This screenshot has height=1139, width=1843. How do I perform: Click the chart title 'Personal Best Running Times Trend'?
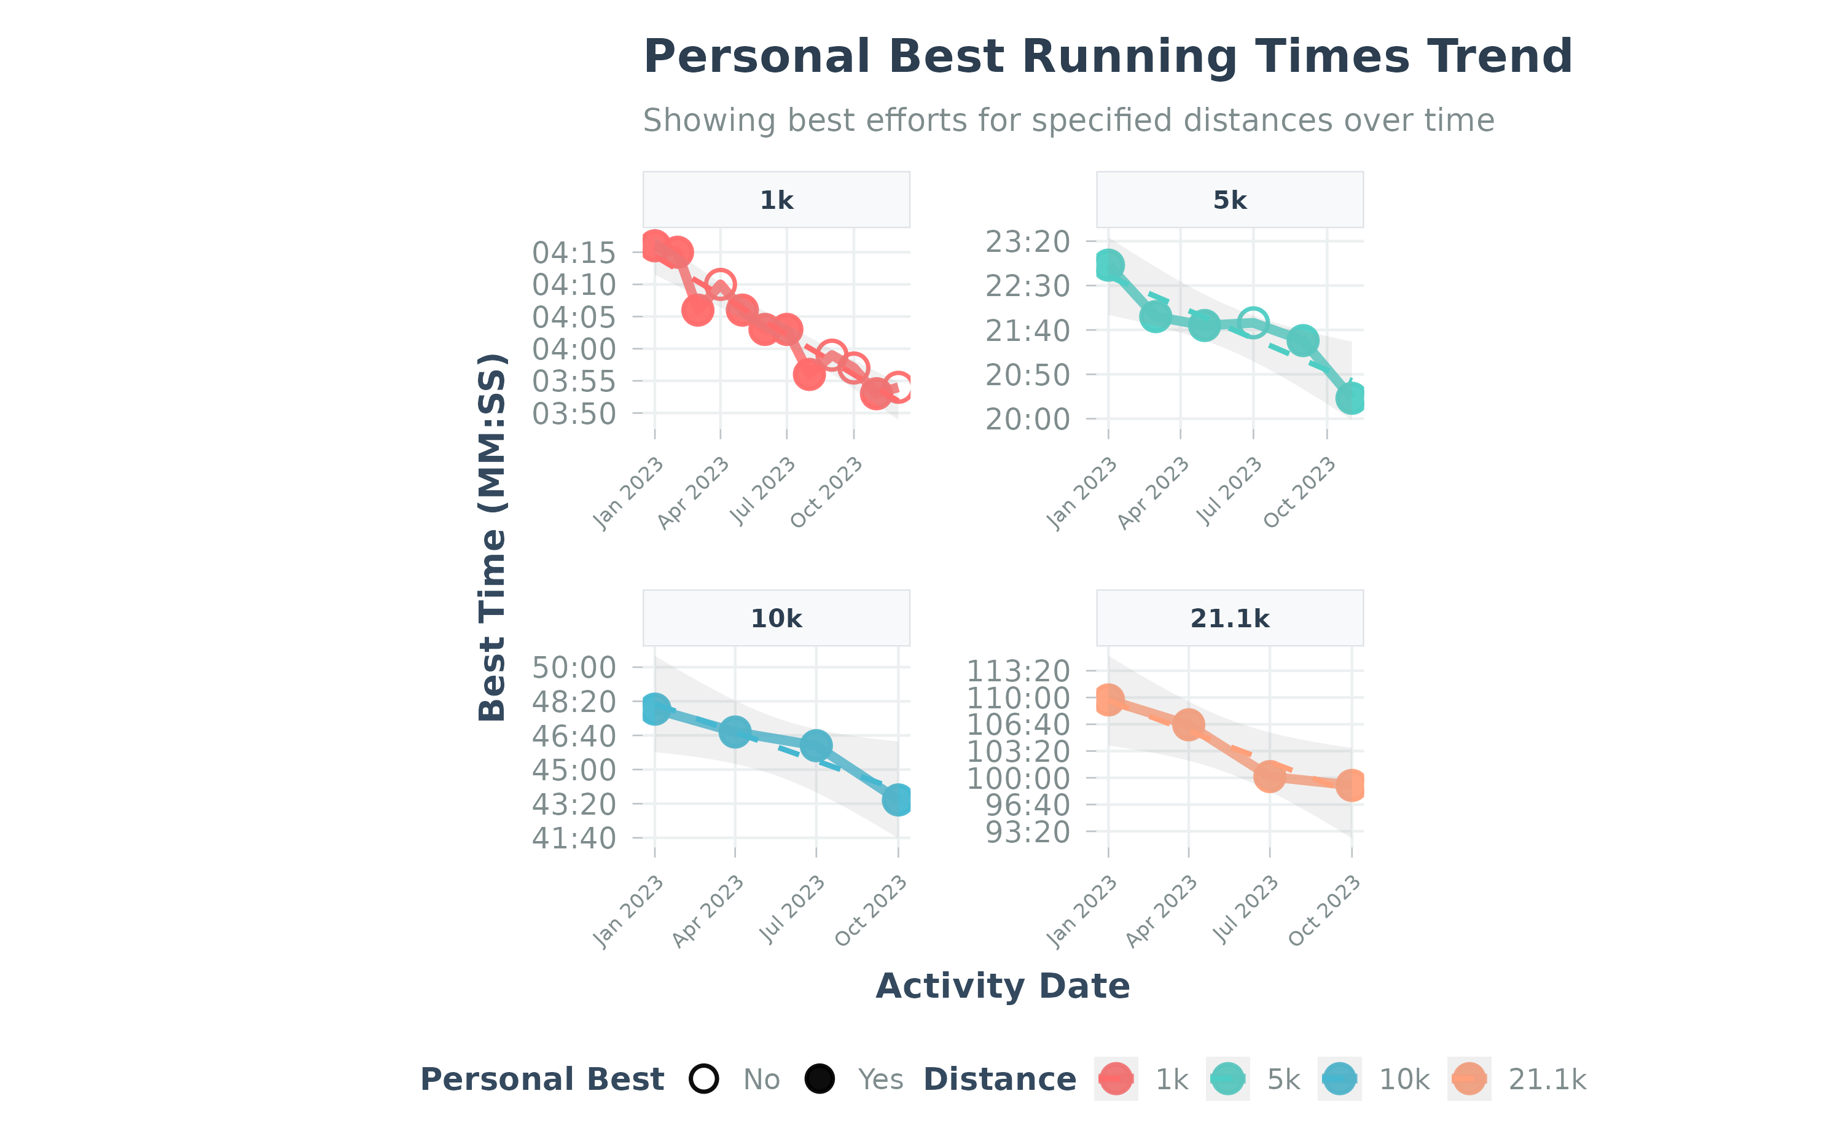click(1107, 57)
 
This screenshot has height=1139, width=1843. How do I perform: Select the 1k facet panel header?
click(776, 200)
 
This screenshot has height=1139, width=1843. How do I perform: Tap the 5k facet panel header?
click(1229, 200)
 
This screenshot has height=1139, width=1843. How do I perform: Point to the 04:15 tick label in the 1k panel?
click(574, 253)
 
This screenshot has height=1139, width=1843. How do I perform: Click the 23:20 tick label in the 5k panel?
click(1027, 242)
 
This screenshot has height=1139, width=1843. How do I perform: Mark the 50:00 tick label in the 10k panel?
click(574, 667)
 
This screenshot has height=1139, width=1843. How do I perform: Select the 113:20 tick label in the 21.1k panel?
click(1019, 670)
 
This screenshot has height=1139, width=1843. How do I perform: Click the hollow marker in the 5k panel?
click(1253, 323)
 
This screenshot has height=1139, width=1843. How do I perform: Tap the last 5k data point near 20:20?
click(1352, 399)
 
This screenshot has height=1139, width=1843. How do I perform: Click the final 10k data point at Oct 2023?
click(898, 799)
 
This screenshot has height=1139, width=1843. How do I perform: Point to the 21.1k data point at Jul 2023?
click(1270, 777)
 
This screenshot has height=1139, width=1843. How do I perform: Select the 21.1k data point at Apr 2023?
click(1189, 725)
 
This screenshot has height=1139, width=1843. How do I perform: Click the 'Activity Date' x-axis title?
click(1003, 986)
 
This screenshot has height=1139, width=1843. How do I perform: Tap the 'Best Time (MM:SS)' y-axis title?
click(493, 536)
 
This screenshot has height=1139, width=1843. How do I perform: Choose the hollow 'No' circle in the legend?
click(704, 1079)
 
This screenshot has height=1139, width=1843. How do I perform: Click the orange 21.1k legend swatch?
click(1469, 1079)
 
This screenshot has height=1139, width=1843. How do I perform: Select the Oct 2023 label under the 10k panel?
click(871, 912)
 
